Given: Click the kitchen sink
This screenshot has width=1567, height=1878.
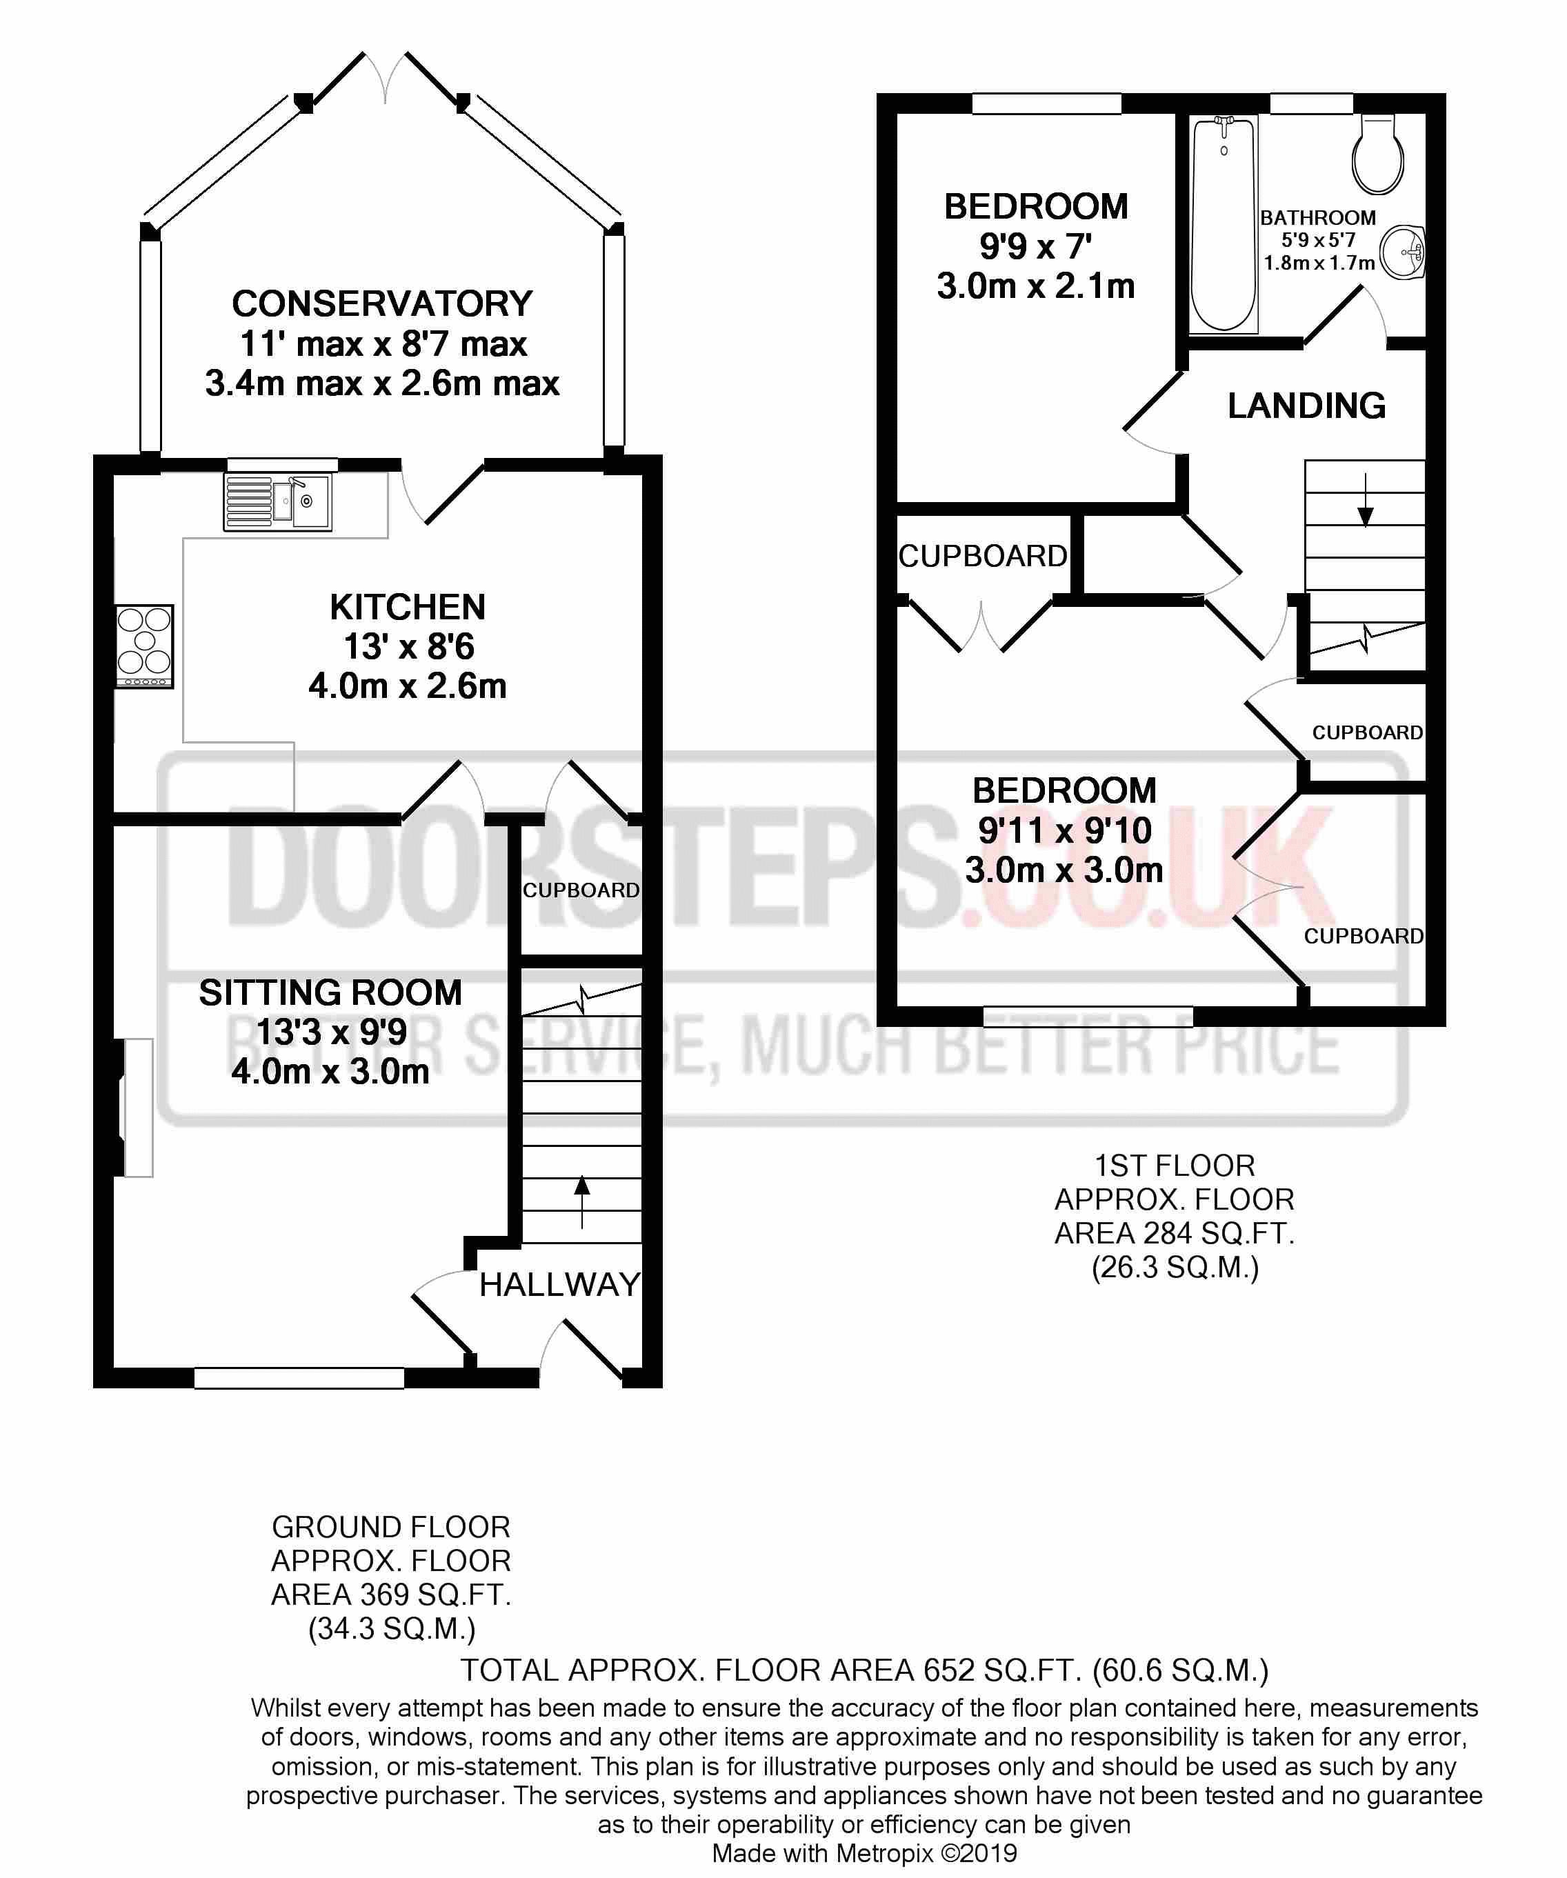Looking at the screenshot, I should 277,501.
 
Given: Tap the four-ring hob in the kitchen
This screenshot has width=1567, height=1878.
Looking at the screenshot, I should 144,646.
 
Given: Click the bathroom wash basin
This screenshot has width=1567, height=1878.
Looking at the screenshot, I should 1401,252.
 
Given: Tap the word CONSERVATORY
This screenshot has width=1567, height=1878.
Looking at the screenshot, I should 382,304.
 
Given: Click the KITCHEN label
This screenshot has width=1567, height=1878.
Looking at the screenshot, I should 407,607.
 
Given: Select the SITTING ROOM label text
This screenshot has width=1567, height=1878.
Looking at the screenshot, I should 330,992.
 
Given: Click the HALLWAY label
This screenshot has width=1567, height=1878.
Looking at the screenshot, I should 560,1285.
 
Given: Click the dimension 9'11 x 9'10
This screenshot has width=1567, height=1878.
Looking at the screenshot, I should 1064,831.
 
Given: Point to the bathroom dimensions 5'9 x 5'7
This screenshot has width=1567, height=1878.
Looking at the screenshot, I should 1318,240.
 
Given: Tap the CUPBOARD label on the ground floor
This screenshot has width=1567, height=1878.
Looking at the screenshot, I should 581,890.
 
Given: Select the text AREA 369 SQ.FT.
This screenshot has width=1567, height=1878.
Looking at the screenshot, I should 391,1594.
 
